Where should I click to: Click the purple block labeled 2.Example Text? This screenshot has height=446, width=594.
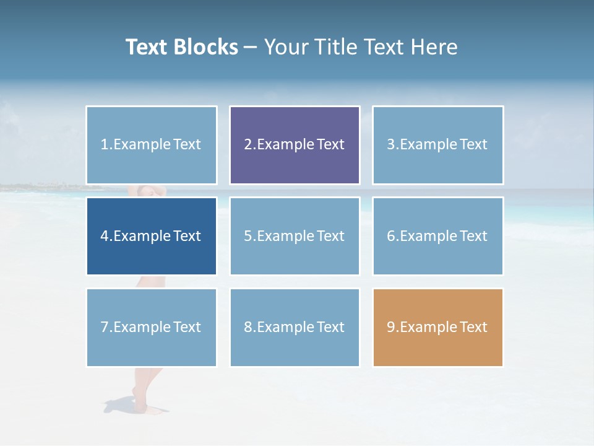pyautogui.click(x=295, y=145)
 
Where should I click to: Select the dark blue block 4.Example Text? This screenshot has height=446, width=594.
pyautogui.click(x=152, y=236)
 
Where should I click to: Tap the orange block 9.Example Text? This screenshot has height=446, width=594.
pyautogui.click(x=437, y=327)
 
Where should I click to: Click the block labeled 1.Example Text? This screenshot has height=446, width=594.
pyautogui.click(x=152, y=145)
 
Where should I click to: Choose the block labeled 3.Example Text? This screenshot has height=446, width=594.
pyautogui.click(x=437, y=145)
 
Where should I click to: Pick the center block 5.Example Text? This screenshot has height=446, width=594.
pyautogui.click(x=295, y=236)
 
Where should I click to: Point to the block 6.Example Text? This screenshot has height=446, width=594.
pyautogui.click(x=437, y=236)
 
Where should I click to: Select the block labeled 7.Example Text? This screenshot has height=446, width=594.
pyautogui.click(x=152, y=327)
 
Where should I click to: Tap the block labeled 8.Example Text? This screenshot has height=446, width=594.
pyautogui.click(x=295, y=327)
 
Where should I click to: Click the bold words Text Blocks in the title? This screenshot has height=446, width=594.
pyautogui.click(x=181, y=47)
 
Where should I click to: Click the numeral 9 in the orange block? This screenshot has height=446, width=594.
pyautogui.click(x=391, y=327)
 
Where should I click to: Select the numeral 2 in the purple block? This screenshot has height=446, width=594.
pyautogui.click(x=247, y=145)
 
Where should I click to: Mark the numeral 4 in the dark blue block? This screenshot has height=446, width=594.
pyautogui.click(x=105, y=236)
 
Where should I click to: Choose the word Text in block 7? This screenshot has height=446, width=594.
pyautogui.click(x=187, y=327)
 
